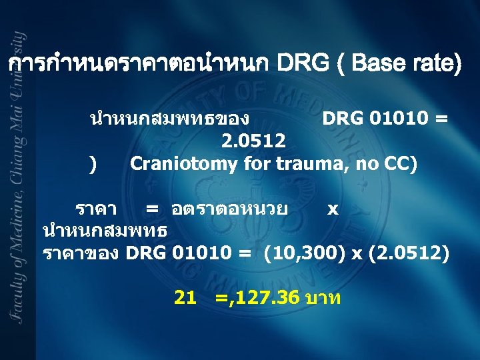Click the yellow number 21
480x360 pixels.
(x=185, y=298)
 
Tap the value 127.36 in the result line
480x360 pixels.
(x=270, y=298)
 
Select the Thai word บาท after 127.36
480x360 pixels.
(x=322, y=298)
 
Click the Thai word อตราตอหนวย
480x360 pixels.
(x=229, y=209)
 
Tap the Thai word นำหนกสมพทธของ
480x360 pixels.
(x=170, y=119)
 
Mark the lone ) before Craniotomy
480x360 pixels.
(x=92, y=163)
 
